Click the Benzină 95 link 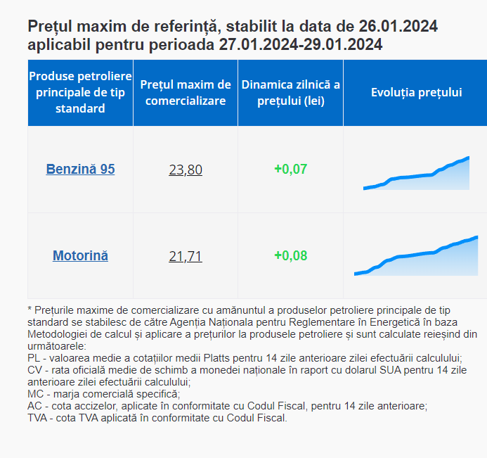[x=80, y=169]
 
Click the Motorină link [x=80, y=255]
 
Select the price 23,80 [x=186, y=170]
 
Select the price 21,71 [x=186, y=256]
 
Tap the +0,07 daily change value [x=290, y=170]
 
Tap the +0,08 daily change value [x=290, y=255]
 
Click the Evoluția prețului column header [x=416, y=92]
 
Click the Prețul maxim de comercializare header [x=186, y=92]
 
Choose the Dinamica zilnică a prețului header [x=290, y=92]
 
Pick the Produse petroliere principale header [x=80, y=92]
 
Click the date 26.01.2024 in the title [x=398, y=27]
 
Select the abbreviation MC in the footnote [x=36, y=394]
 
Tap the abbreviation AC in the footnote [x=35, y=406]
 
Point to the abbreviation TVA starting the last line [x=39, y=418]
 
